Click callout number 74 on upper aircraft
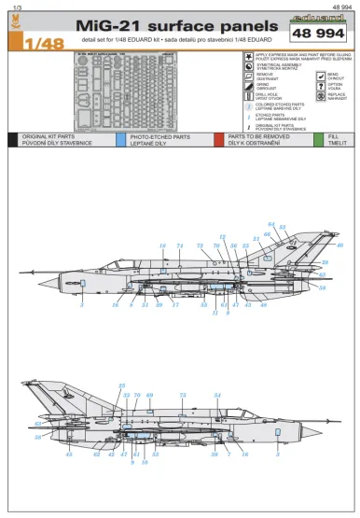[178, 245]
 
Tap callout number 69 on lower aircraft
[149, 396]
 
